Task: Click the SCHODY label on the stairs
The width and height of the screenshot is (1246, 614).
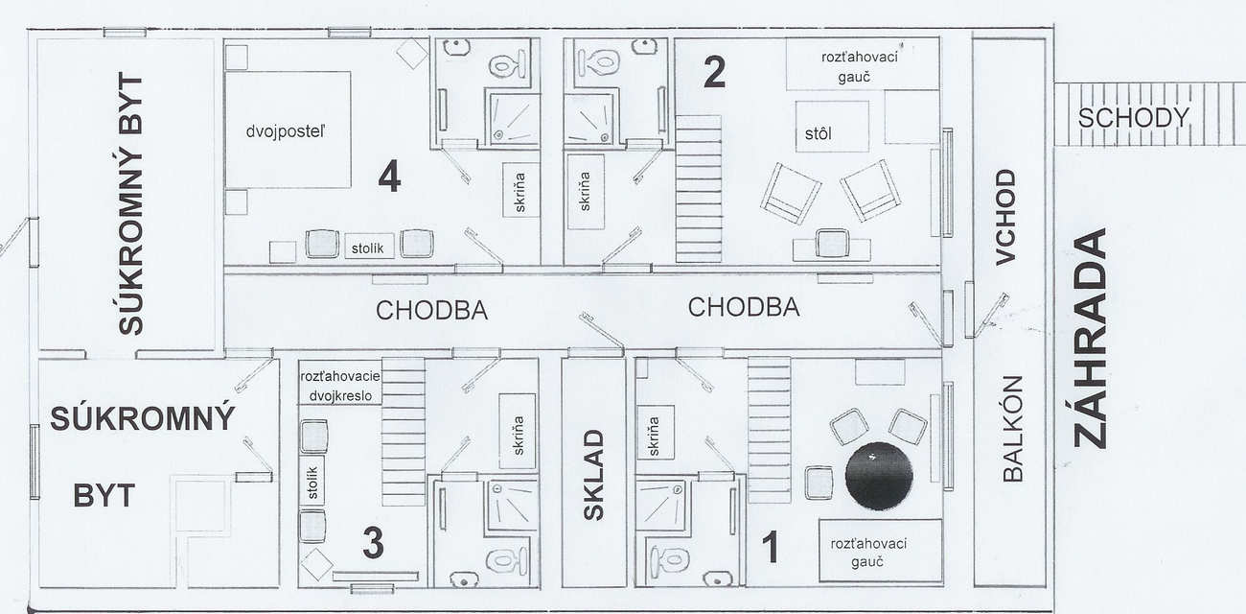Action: click(1133, 118)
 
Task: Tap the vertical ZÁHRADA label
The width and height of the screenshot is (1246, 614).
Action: click(1090, 338)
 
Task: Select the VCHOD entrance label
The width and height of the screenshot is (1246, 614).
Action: click(1006, 217)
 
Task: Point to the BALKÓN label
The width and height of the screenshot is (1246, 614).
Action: click(1013, 429)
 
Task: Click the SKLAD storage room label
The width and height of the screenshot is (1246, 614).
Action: click(593, 475)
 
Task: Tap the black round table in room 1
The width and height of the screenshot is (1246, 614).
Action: click(879, 476)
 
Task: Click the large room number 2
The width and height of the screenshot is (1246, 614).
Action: click(715, 72)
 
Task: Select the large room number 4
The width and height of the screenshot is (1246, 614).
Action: click(389, 177)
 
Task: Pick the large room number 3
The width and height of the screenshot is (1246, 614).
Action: click(373, 543)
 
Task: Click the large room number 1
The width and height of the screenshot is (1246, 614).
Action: click(771, 546)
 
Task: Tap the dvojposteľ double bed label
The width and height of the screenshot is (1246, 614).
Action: click(286, 132)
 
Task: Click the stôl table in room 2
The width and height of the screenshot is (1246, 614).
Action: click(832, 127)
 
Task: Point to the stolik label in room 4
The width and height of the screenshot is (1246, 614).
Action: click(368, 248)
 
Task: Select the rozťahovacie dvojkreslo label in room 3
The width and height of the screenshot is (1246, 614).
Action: click(340, 386)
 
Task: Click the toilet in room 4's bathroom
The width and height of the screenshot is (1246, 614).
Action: click(507, 64)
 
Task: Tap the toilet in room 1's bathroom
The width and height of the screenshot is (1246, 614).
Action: click(670, 559)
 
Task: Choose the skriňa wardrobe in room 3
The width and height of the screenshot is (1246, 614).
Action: click(518, 432)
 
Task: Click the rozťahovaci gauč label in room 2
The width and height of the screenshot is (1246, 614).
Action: click(860, 67)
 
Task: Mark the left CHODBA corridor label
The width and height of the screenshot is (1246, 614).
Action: click(431, 311)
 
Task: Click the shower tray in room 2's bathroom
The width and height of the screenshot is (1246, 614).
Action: click(588, 119)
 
